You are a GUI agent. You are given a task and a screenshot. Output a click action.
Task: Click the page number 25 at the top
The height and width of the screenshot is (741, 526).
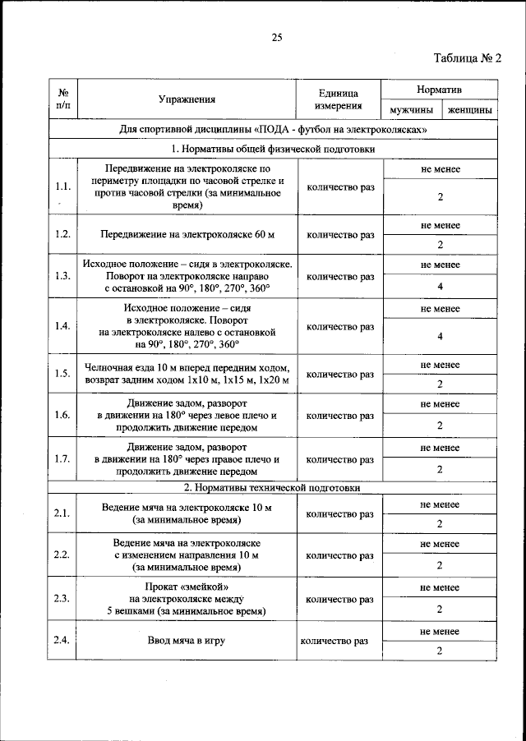tap(276, 37)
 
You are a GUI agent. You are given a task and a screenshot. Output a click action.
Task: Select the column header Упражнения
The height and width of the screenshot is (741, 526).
tap(187, 99)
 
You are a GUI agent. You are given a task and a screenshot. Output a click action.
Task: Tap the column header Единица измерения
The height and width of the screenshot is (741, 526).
tap(337, 99)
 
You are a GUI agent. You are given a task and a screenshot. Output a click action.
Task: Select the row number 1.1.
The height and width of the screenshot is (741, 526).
tap(62, 186)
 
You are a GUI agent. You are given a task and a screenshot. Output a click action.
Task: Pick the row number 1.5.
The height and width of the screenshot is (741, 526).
tap(62, 374)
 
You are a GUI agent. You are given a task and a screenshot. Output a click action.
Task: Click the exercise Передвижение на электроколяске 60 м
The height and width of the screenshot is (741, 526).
tap(187, 234)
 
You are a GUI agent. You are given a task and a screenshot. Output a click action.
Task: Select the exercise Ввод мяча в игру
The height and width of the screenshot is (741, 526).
tap(187, 640)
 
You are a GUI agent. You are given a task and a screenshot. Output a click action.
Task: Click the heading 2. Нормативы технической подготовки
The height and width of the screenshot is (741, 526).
tap(272, 487)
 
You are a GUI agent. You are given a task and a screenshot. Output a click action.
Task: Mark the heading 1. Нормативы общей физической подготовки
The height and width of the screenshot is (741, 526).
tap(272, 149)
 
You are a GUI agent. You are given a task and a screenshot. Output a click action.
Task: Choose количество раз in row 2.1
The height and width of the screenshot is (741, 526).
tap(339, 514)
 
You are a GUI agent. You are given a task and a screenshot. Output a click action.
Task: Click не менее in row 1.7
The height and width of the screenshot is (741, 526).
tap(440, 448)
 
